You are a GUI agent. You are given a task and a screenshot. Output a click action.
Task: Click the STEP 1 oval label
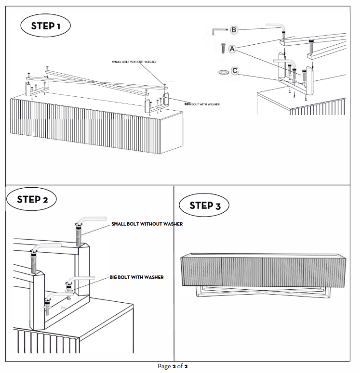pos(45,26)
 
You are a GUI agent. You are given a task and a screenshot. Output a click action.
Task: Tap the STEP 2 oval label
pos(31,199)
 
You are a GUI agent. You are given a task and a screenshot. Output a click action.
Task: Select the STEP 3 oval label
pos(204,206)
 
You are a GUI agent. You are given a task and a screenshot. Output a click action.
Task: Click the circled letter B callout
pos(234,30)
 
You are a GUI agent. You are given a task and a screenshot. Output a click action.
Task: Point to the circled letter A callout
pos(232,49)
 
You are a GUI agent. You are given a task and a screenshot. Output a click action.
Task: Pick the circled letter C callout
pos(235,71)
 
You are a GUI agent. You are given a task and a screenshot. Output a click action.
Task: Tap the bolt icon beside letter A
pos(223,49)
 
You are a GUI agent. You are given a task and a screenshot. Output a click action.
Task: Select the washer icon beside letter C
pos(223,72)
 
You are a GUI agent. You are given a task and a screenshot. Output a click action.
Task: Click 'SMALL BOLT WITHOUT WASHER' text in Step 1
pos(134,62)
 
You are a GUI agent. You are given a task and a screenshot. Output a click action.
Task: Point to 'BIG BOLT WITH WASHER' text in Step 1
pos(202,103)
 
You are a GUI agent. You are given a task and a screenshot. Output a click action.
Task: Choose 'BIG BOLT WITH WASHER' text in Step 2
pos(136,277)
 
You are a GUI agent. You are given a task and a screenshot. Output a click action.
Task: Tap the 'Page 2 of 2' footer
pos(176,366)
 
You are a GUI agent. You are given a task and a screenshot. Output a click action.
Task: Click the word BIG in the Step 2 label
pos(115,277)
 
